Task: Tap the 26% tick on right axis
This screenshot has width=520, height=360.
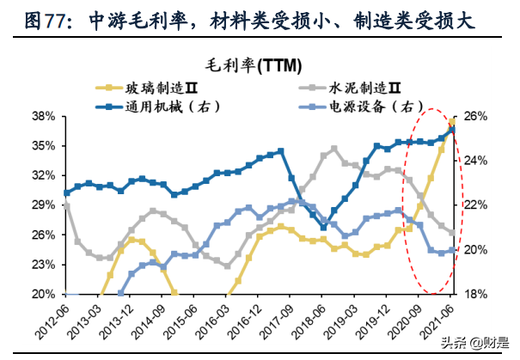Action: point(477,116)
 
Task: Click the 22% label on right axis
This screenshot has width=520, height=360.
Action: point(477,205)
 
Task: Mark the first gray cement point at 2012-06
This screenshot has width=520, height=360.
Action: point(67,205)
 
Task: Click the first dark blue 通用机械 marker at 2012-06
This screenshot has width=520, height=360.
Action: point(67,193)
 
